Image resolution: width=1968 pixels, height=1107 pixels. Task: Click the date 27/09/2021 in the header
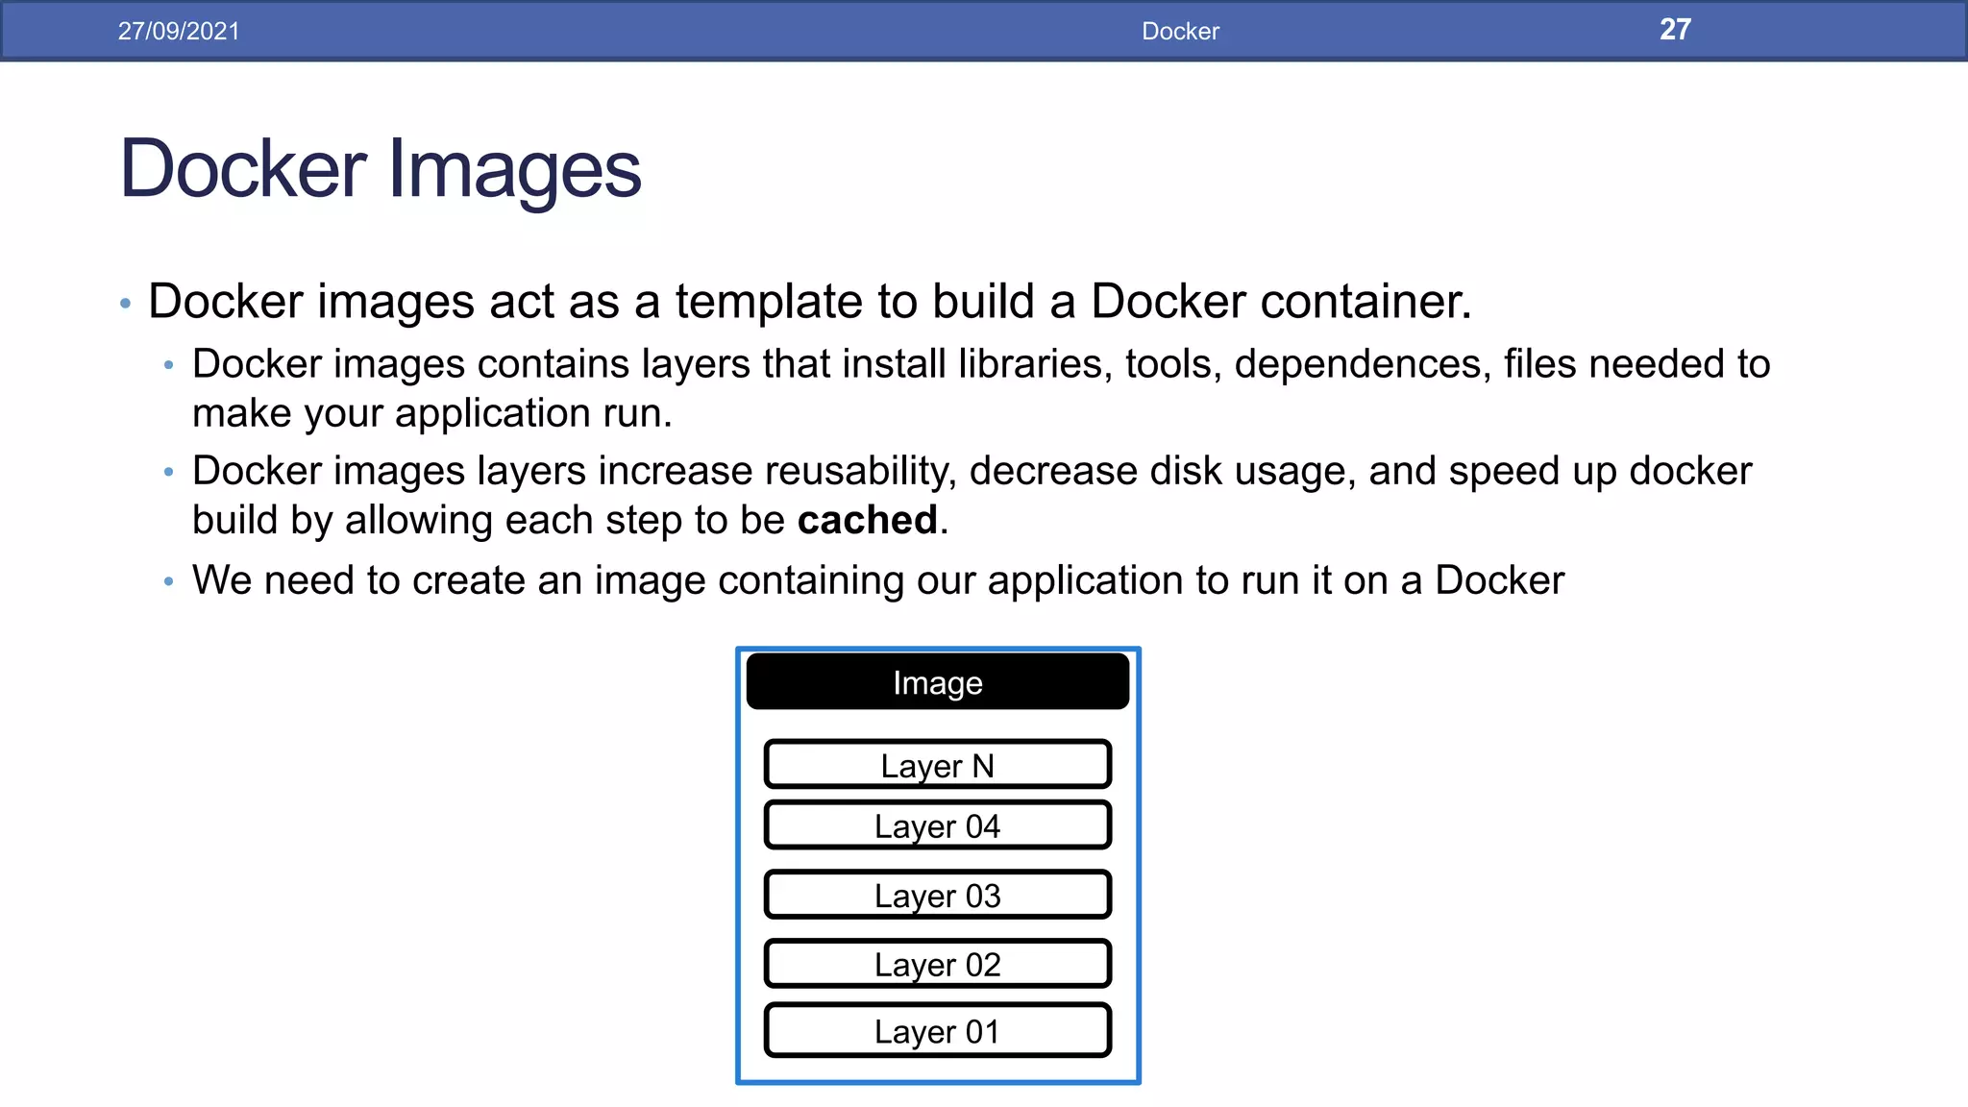(x=179, y=31)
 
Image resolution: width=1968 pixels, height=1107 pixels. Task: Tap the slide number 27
(x=1675, y=30)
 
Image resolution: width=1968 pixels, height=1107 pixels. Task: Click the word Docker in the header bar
(x=1180, y=31)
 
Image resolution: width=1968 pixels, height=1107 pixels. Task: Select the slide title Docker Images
(x=381, y=169)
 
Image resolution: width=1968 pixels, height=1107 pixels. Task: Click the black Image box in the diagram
(x=938, y=682)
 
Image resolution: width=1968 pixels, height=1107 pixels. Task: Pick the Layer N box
(x=938, y=765)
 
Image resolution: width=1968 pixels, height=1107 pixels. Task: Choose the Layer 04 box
(x=938, y=825)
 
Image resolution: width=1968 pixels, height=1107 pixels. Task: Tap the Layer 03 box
(x=938, y=895)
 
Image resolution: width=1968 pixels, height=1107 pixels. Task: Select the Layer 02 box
(x=938, y=964)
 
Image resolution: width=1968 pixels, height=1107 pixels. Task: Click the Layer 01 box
(x=938, y=1031)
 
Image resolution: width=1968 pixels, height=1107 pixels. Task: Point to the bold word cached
(x=867, y=520)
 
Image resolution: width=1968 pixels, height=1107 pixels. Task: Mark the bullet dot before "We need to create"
(x=169, y=581)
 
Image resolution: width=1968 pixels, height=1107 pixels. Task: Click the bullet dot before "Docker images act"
(x=125, y=304)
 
